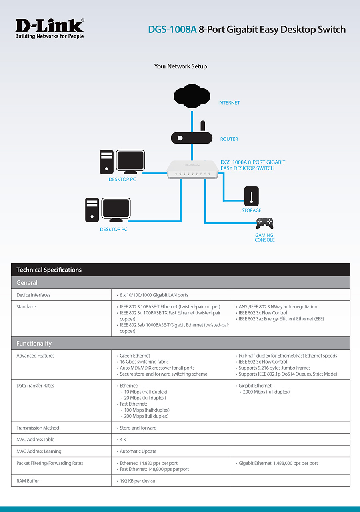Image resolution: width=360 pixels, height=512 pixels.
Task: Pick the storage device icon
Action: point(251,196)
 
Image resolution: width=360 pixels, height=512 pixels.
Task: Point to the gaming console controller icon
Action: point(264,223)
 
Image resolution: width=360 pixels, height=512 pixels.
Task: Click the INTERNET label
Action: point(229,103)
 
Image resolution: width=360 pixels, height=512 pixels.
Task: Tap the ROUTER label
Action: point(229,139)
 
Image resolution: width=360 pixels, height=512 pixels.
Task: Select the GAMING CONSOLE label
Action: point(264,238)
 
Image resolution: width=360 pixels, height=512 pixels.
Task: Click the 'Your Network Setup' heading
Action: point(180,66)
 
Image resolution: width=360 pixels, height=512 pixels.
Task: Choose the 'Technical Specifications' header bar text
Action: point(49,270)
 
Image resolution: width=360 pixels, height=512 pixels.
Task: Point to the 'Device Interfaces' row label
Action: point(33,295)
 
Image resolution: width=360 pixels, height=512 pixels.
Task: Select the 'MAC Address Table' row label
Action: point(35,439)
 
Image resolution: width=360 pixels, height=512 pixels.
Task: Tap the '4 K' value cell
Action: point(123,439)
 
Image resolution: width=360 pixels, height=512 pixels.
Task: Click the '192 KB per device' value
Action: point(137,481)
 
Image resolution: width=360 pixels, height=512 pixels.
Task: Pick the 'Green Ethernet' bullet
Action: point(135,356)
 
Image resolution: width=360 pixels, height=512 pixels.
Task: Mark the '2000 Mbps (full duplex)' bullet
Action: point(266,392)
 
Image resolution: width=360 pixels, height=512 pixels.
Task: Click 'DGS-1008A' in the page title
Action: point(172,30)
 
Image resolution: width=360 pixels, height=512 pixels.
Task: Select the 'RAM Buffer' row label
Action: point(28,481)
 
